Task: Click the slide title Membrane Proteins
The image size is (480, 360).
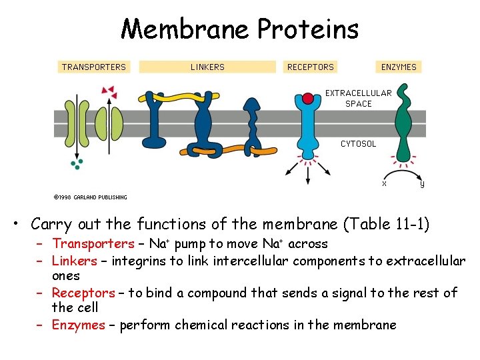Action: click(x=240, y=29)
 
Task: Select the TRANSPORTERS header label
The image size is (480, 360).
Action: click(x=93, y=67)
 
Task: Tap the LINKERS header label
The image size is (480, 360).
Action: click(x=207, y=67)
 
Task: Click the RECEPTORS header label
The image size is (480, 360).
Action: click(x=310, y=67)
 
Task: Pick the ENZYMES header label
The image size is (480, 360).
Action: click(x=399, y=67)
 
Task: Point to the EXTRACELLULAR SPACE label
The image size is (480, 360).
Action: click(x=359, y=98)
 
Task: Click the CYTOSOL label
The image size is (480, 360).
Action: click(x=359, y=143)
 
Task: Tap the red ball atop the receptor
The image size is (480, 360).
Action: click(x=307, y=99)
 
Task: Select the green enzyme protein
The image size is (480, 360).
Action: click(x=404, y=127)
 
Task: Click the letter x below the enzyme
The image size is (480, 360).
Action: click(x=384, y=183)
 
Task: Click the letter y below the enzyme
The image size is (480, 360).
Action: click(x=422, y=183)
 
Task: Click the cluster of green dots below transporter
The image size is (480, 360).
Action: click(x=78, y=163)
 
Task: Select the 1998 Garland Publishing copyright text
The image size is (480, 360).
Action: click(x=90, y=197)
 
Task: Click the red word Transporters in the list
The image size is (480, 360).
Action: click(x=93, y=244)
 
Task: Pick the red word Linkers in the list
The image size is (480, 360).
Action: click(x=74, y=261)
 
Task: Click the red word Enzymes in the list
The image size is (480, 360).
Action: click(x=79, y=325)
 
